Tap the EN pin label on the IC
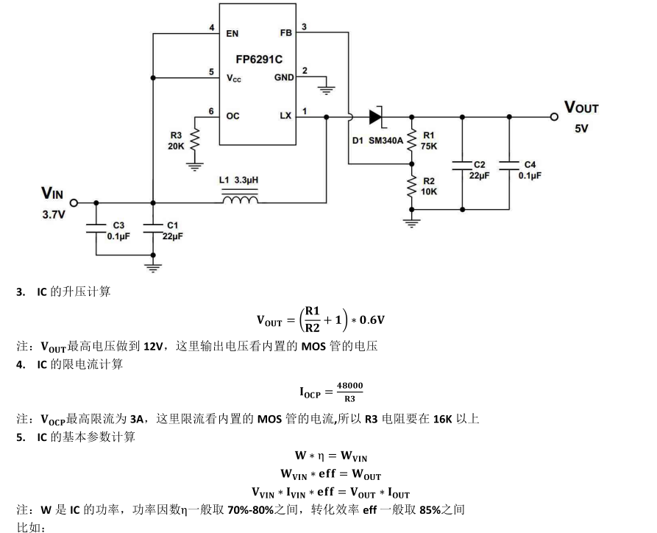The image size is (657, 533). pos(232,33)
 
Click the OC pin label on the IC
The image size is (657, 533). pos(232,116)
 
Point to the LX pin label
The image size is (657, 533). pos(285,116)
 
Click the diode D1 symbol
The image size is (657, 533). pos(377,116)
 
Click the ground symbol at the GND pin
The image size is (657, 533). pos(327,89)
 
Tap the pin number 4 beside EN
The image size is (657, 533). pos(212,28)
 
